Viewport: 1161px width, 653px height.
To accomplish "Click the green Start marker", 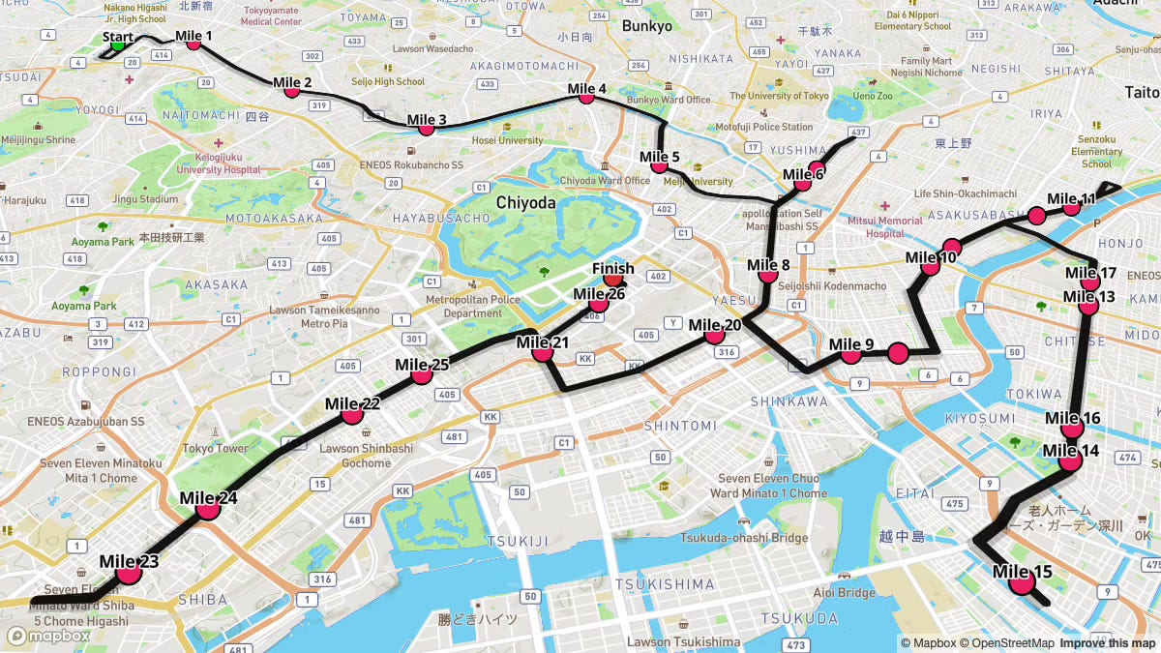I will tap(118, 44).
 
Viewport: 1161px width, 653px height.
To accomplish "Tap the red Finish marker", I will tap(612, 281).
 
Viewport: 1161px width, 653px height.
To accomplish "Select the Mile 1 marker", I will tap(193, 42).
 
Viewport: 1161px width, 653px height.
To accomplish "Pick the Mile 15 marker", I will tap(1021, 581).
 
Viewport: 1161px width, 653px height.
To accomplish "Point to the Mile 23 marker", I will tap(129, 573).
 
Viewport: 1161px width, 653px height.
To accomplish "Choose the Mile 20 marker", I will tap(714, 335).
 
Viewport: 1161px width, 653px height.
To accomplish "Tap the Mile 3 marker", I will tap(426, 128).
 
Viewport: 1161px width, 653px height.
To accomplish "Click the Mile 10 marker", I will tap(930, 265).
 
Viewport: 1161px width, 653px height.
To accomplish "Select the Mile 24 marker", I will tap(208, 508).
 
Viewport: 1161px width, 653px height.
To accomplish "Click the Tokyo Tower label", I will tap(216, 448).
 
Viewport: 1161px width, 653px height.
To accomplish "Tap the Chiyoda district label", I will tap(525, 202).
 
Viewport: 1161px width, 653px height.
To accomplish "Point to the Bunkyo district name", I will tap(646, 26).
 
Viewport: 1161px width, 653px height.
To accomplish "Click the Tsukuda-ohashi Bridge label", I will tap(743, 538).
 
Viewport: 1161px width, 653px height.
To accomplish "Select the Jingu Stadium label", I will tap(145, 199).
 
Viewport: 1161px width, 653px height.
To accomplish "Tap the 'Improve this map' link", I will tap(1107, 643).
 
